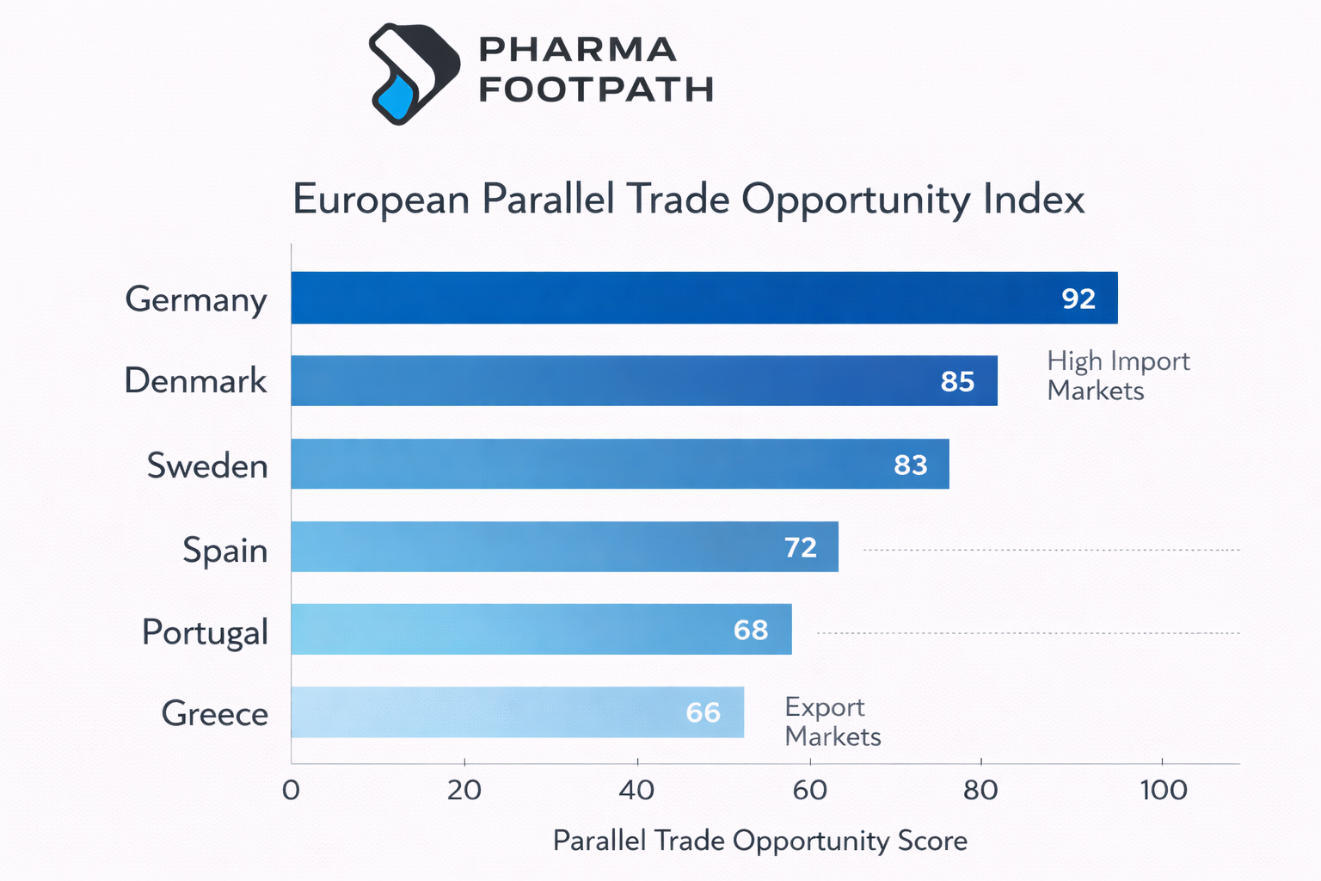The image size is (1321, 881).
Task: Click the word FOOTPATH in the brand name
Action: [x=595, y=89]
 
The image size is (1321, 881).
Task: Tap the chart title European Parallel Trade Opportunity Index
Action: [x=688, y=199]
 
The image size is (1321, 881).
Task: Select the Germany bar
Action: [x=671, y=298]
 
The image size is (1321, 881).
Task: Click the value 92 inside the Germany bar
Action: [x=1078, y=299]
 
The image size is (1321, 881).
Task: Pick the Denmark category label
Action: [x=195, y=380]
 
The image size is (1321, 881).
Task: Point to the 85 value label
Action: [x=957, y=381]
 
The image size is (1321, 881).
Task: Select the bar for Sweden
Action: [x=602, y=464]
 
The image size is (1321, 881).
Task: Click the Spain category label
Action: [x=224, y=550]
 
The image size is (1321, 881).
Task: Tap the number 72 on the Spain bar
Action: [x=800, y=547]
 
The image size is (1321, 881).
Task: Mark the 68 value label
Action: [x=750, y=630]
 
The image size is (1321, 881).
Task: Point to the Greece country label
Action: [x=214, y=713]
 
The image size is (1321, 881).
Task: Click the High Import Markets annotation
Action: [x=1117, y=375]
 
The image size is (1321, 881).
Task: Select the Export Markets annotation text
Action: [x=832, y=721]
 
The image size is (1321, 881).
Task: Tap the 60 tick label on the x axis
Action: [x=808, y=790]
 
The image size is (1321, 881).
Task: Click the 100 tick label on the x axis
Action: [x=1163, y=790]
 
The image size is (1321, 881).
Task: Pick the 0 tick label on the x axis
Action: [x=291, y=790]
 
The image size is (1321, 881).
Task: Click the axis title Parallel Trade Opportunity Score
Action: [x=759, y=840]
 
